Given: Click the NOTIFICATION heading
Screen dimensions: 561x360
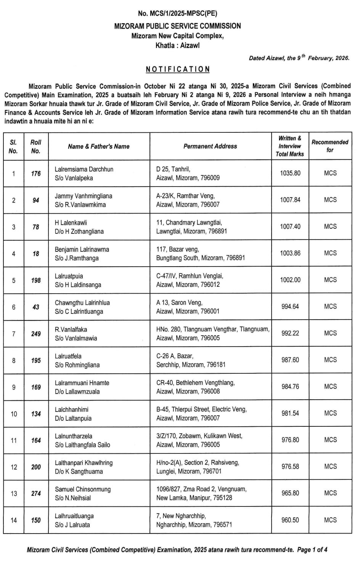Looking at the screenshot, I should coord(178,69).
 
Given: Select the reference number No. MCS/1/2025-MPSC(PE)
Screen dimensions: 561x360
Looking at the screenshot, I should coord(178,14).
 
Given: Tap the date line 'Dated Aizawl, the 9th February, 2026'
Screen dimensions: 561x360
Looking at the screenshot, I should coord(299,58).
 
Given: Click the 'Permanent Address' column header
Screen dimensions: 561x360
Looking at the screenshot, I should coord(210,146).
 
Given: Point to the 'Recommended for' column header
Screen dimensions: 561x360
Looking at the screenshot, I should coord(330,146).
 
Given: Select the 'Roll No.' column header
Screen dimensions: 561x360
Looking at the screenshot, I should coord(36,146).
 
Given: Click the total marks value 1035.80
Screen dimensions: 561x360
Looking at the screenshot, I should coord(290,173).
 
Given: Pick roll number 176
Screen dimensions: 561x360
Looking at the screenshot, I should coord(36,174).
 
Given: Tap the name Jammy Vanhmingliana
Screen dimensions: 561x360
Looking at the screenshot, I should coord(84,196).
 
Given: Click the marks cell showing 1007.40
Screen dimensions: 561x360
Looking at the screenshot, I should coord(290,227).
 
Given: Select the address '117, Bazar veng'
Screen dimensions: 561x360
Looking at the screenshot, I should coord(177,249).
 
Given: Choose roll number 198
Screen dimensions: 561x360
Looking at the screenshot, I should coord(36,280).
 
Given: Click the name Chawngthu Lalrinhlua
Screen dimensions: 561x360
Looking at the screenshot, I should coord(82,303).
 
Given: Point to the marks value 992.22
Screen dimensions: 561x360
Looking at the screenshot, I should coord(290,333).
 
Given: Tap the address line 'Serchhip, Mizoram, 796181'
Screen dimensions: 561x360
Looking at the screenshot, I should coord(191,365).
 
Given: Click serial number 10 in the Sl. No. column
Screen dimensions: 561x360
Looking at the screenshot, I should coord(14,414).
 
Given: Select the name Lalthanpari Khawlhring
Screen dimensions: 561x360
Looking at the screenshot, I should coord(84,463).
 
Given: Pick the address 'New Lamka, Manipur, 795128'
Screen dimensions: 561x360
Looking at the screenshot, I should coord(194,498).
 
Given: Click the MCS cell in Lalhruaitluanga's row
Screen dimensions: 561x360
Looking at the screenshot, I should coord(330,520).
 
